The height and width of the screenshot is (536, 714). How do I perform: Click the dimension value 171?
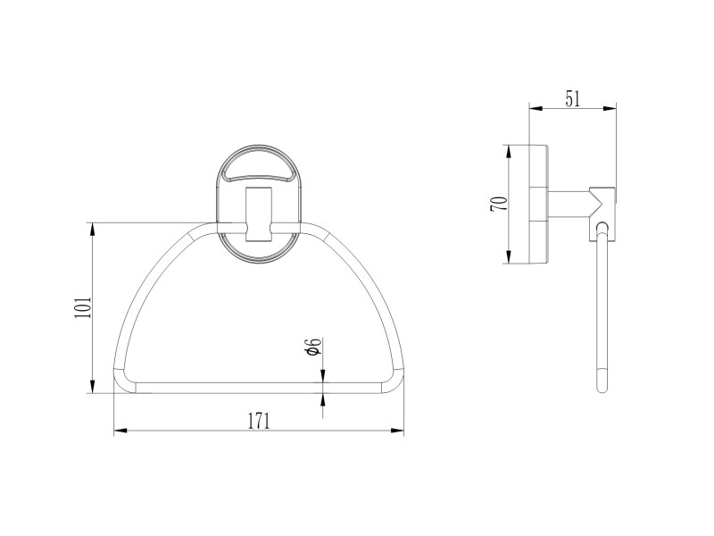259,421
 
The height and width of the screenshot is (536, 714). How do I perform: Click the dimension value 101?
84,307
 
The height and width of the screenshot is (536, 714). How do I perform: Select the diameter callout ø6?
314,347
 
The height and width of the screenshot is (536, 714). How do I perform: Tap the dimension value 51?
573,99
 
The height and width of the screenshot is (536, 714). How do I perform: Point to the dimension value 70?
498,204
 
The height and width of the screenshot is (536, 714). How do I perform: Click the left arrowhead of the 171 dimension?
120,431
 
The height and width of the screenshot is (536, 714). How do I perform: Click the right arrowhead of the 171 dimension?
397,431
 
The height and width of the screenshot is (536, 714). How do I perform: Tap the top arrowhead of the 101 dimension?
93,229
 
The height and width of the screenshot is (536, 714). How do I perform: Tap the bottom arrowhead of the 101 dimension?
93,387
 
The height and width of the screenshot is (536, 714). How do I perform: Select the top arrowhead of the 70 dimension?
509,152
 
